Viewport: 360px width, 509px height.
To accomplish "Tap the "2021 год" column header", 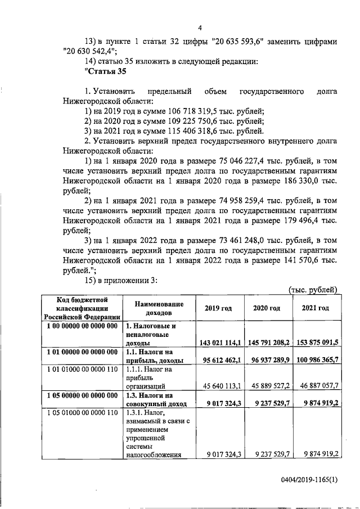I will point(316,308).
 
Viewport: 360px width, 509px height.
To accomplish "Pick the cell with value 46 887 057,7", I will point(316,387).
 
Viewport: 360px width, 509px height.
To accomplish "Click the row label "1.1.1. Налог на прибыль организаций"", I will point(150,377).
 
